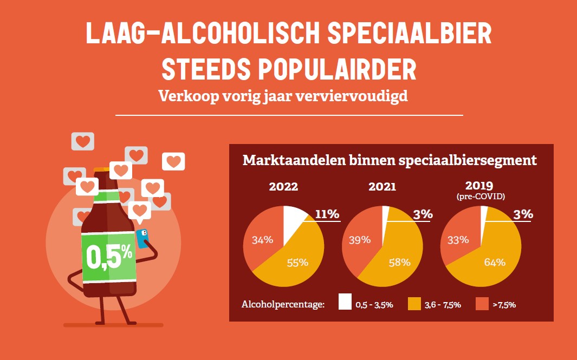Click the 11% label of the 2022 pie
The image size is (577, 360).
click(x=327, y=214)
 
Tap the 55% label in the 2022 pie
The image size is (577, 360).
click(x=297, y=263)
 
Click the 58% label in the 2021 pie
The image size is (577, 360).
click(x=400, y=263)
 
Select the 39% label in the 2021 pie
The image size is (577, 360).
click(x=359, y=239)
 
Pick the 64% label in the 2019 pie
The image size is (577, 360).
click(x=494, y=263)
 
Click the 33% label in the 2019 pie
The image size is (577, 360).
click(x=458, y=239)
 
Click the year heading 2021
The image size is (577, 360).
click(x=382, y=187)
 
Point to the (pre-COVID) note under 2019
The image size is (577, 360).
click(x=481, y=197)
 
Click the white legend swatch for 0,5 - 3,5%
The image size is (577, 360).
click(x=345, y=302)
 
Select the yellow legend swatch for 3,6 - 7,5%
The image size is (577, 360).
click(x=414, y=302)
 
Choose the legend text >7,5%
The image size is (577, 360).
click(x=504, y=305)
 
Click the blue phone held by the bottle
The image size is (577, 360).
click(x=142, y=238)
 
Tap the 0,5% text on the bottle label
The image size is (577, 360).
click(x=109, y=256)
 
